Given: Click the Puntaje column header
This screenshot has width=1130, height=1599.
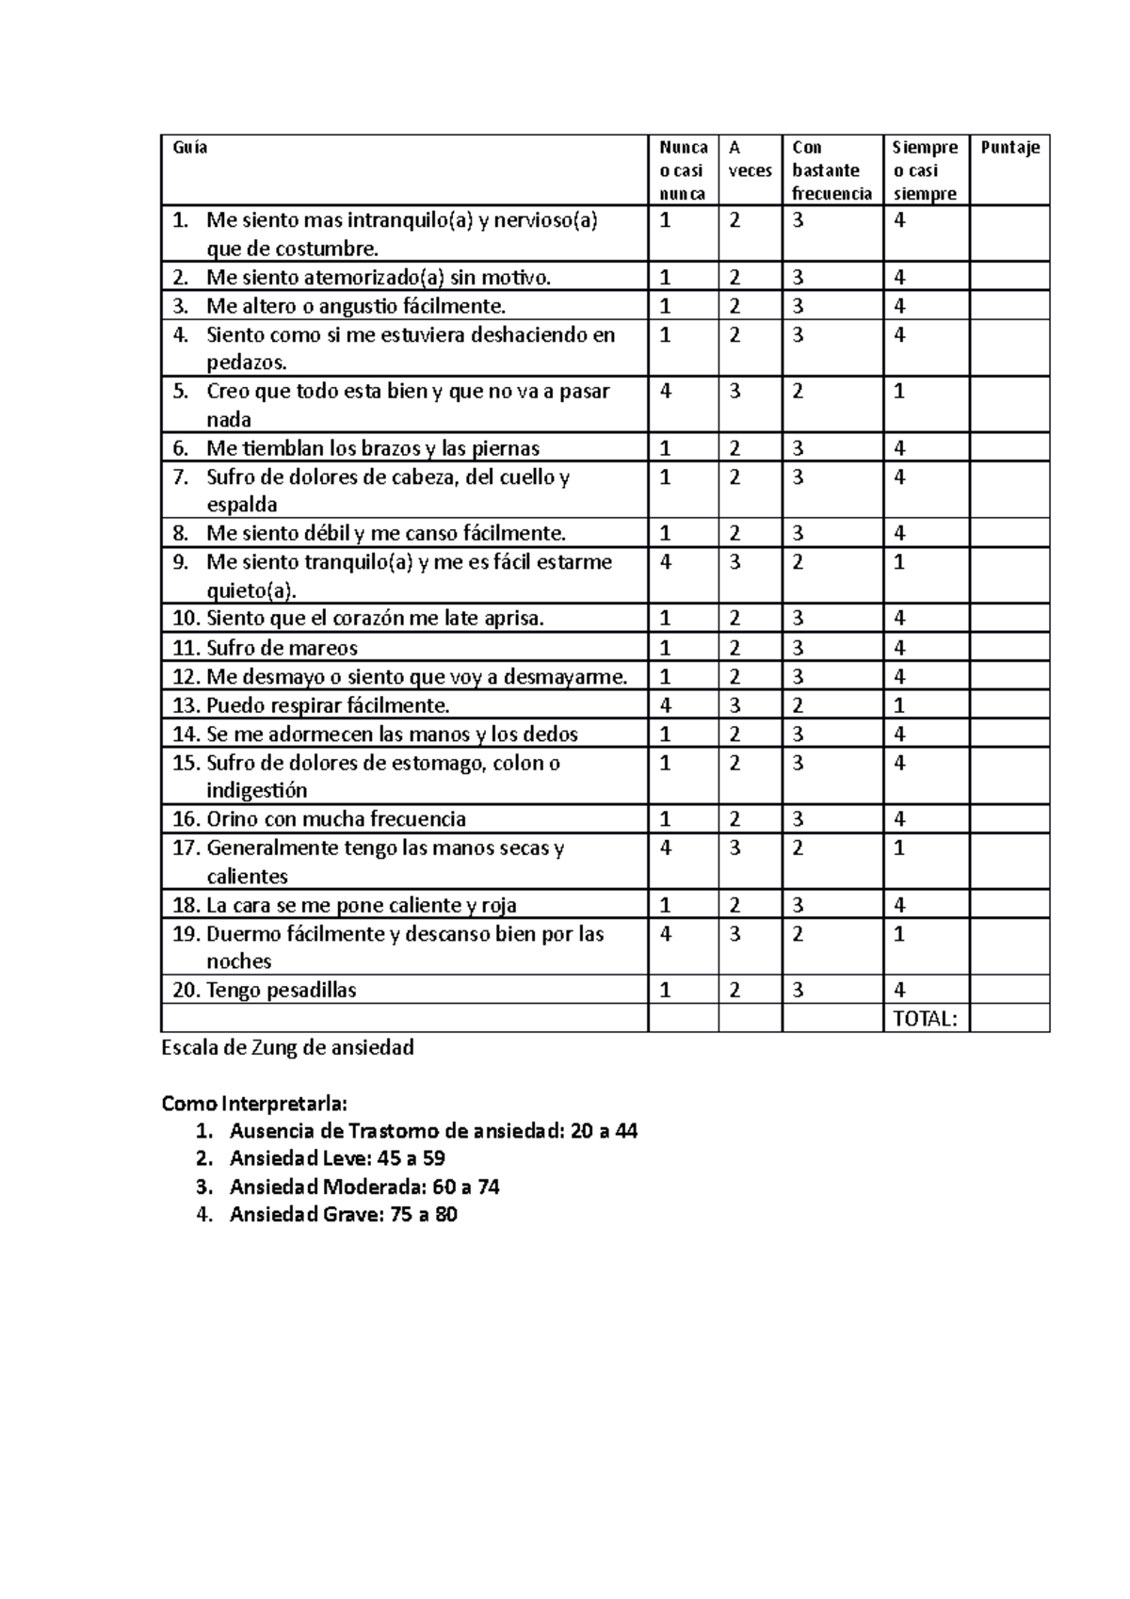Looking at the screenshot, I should tap(1009, 148).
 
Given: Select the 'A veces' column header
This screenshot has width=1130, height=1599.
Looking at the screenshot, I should tap(750, 159).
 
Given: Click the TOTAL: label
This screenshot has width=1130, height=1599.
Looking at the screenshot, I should tap(925, 1018).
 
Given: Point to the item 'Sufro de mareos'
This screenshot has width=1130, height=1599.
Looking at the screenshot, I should tap(282, 648).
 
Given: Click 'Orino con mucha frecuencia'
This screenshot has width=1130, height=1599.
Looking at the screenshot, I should tap(335, 819).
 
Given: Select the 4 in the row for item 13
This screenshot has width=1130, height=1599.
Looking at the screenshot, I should tap(666, 705).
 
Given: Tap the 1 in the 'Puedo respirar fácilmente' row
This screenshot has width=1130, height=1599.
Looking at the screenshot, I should tap(899, 705).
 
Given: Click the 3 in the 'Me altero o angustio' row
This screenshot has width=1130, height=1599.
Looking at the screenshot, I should tap(798, 306).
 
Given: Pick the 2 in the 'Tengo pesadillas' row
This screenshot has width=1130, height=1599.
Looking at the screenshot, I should tap(734, 990).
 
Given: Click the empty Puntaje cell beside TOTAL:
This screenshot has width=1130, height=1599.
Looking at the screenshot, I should tap(1009, 1018).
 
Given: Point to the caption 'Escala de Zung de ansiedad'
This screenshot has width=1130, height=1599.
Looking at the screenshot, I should tap(288, 1047).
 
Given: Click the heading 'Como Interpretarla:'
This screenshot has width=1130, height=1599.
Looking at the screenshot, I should tap(254, 1103).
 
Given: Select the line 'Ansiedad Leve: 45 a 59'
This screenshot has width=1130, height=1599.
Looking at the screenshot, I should tap(337, 1158).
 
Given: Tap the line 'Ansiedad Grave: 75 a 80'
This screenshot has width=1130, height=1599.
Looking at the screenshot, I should tap(343, 1215).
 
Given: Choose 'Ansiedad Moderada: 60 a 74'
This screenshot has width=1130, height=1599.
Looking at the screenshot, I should tap(364, 1187).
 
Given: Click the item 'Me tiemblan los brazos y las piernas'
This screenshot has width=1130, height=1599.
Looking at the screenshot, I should tap(373, 448).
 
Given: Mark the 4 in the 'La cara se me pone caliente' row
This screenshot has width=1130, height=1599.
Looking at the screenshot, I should tap(899, 905).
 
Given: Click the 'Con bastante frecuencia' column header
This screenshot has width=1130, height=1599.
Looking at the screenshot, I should tap(831, 170).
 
